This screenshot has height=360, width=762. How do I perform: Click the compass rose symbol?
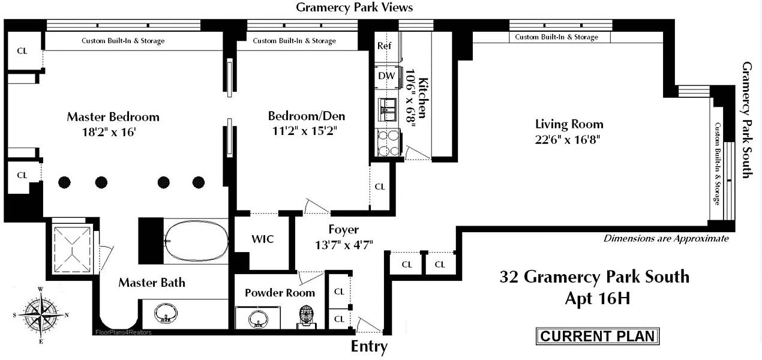pos(40,314)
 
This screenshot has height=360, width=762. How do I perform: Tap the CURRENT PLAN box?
pos(597,336)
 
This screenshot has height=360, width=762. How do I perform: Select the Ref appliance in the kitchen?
pos(384,46)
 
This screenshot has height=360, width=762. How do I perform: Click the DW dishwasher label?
pos(386,76)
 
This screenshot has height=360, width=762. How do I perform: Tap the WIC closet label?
pos(262,239)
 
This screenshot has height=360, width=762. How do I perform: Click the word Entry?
pos(369,347)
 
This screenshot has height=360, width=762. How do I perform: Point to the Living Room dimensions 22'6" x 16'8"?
pos(569,139)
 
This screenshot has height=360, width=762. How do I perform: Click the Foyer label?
pos(344,229)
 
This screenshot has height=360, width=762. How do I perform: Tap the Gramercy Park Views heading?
pos(354,7)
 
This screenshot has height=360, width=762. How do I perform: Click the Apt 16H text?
pos(597,298)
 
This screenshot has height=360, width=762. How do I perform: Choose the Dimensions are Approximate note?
pos(666,238)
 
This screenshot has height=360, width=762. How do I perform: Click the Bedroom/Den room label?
pos(306,116)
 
